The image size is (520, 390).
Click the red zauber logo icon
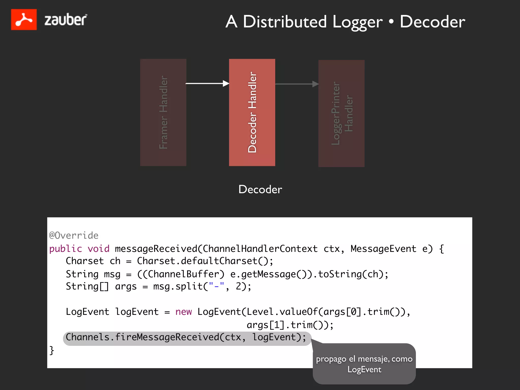(x=24, y=20)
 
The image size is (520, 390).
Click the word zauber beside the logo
(x=66, y=20)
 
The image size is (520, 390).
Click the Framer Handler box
(x=163, y=112)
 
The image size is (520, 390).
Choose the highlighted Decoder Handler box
(x=252, y=112)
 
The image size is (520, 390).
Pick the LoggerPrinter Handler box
(x=341, y=113)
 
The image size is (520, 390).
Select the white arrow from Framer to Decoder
(x=207, y=83)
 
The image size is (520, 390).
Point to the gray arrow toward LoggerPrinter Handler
(x=297, y=84)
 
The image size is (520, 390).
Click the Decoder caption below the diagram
(x=260, y=189)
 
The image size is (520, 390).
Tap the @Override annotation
(x=74, y=235)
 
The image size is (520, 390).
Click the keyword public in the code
(x=66, y=249)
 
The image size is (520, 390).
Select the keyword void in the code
(x=99, y=249)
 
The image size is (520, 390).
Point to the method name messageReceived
(x=156, y=249)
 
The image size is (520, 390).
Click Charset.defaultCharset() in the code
(x=205, y=261)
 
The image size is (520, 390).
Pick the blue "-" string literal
(x=216, y=286)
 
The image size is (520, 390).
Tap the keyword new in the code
(x=183, y=312)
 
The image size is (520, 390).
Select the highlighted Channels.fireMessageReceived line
(x=186, y=337)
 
